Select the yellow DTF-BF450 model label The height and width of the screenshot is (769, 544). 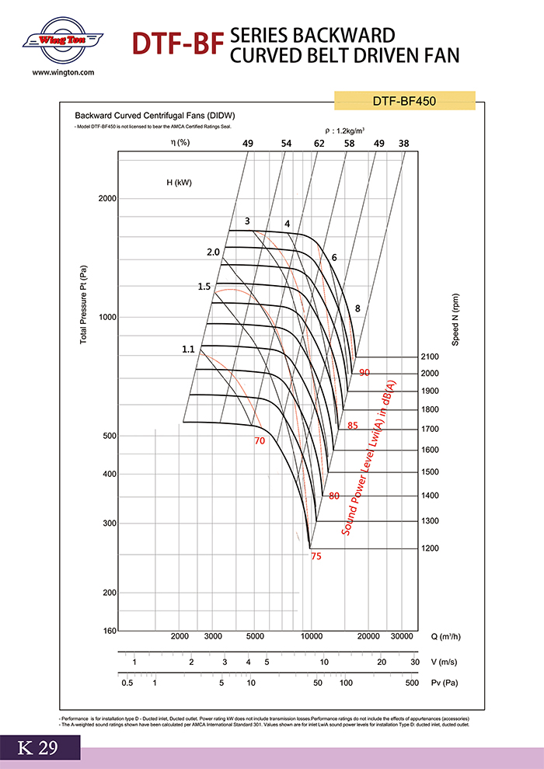point(403,100)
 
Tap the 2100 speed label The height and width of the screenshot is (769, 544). point(430,357)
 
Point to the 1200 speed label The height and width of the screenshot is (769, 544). point(430,548)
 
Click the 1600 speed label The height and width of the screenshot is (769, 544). point(430,450)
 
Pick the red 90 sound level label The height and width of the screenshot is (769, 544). point(364,373)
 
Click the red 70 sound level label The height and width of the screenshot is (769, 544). point(260,441)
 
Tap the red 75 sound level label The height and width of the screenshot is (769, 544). point(316,556)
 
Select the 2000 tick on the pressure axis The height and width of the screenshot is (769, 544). point(106,198)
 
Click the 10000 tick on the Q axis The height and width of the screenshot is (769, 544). point(312,636)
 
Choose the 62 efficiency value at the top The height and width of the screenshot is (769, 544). point(319,144)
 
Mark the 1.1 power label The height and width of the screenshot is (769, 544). point(188,350)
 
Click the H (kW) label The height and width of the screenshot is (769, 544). point(179,183)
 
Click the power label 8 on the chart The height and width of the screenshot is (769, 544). point(357,308)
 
